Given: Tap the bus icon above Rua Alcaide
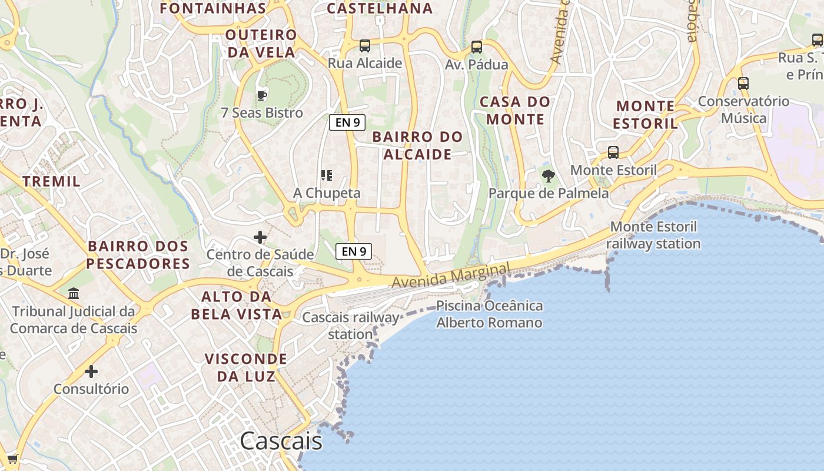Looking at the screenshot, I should click(x=365, y=45).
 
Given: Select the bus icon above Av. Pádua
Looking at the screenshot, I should click(x=477, y=47).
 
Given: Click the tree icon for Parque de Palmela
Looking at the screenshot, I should click(x=548, y=175).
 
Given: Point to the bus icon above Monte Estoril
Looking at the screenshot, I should click(x=613, y=152).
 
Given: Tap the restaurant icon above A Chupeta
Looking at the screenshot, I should click(x=327, y=175).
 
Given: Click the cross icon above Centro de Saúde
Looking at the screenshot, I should click(x=260, y=237).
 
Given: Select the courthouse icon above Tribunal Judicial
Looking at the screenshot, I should click(x=74, y=293).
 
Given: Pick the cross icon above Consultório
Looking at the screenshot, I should click(x=91, y=372).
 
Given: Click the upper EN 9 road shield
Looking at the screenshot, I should click(x=347, y=122).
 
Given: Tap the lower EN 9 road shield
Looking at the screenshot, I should click(x=354, y=251).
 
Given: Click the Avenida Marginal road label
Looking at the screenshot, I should click(x=451, y=276).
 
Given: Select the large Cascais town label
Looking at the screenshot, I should click(x=281, y=440).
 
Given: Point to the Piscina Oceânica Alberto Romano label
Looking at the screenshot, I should click(x=489, y=314).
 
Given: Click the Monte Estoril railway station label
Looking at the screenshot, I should click(x=653, y=235).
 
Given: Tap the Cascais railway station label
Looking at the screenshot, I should click(x=351, y=326).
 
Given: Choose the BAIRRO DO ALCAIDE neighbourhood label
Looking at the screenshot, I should click(x=418, y=145).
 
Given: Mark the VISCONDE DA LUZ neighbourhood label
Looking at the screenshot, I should click(x=246, y=367).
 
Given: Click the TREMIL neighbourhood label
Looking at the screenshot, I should click(x=52, y=181).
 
